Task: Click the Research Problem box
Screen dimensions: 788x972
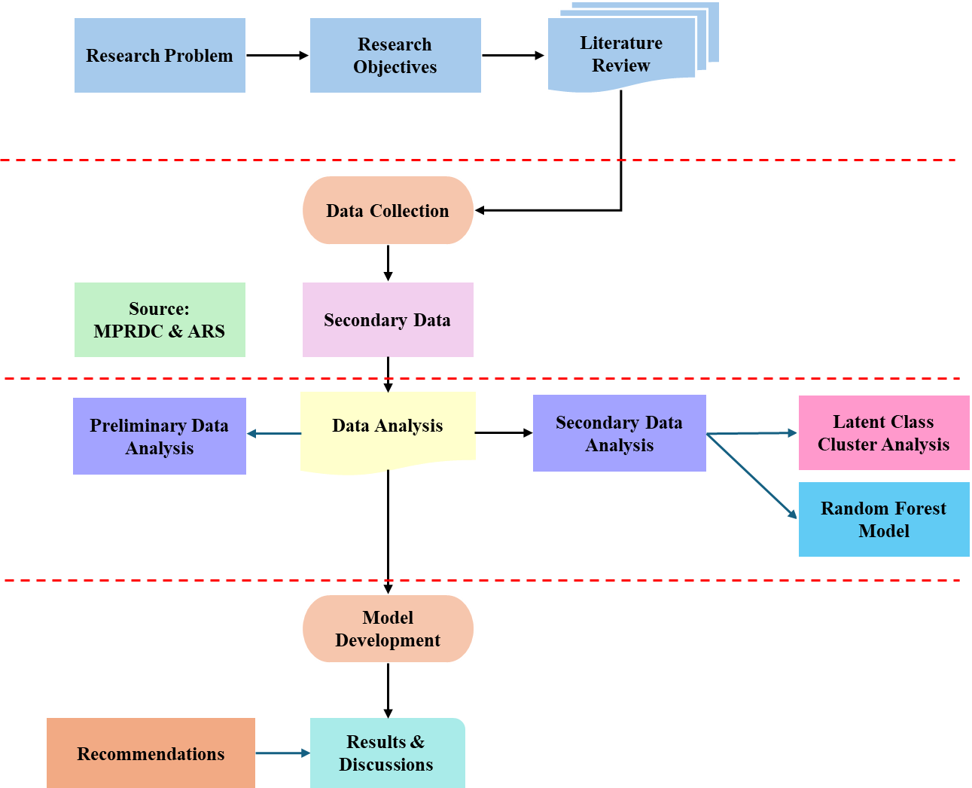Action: tap(160, 56)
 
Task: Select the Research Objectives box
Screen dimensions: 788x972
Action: tap(395, 56)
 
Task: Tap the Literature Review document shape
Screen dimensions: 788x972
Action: tap(621, 55)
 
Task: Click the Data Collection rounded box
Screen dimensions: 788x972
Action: tap(388, 211)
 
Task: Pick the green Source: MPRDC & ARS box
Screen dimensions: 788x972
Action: tap(160, 320)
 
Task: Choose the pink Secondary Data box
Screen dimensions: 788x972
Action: tap(388, 320)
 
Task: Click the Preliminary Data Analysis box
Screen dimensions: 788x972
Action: tap(160, 437)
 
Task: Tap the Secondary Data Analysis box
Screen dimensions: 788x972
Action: tap(619, 434)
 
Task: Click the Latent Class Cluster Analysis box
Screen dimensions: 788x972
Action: tap(883, 433)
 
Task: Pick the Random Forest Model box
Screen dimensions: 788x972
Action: tap(883, 520)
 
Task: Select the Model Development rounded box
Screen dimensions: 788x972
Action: tap(388, 629)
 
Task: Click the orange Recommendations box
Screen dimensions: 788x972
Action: tap(151, 753)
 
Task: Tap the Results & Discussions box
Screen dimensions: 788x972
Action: tap(387, 753)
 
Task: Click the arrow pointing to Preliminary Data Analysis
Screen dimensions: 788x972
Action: tap(274, 433)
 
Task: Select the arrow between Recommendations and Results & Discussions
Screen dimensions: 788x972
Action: tap(282, 753)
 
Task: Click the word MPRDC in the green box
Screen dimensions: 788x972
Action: tap(128, 331)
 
